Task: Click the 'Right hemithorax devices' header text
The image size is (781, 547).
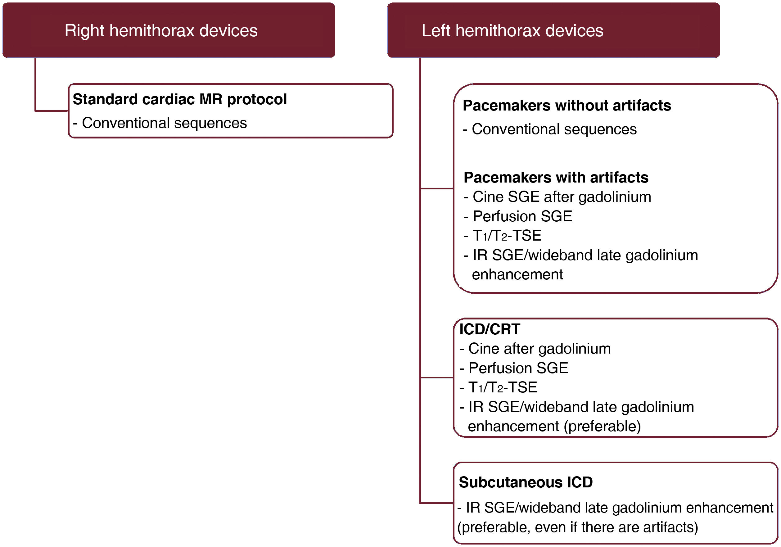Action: coord(161,31)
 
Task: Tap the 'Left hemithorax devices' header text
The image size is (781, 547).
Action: coord(512,31)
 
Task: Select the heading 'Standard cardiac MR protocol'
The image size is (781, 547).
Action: coord(180,99)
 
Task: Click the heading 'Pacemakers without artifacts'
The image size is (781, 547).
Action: coord(567,106)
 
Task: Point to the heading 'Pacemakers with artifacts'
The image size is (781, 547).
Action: coord(556,178)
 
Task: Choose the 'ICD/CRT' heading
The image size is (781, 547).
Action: coord(490,329)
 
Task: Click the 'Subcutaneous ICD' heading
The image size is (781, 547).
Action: coord(526,482)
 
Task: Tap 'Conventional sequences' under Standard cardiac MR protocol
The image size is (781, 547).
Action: coord(164,123)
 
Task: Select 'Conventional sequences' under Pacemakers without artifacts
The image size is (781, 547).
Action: coord(554,129)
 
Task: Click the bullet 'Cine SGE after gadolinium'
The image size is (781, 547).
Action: coord(562,197)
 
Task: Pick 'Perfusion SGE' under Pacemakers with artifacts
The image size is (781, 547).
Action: coord(522,216)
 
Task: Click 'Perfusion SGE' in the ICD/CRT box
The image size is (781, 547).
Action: coord(518,368)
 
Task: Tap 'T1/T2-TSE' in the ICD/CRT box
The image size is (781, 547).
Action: coord(503,387)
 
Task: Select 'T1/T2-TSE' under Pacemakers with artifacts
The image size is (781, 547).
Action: coord(507,236)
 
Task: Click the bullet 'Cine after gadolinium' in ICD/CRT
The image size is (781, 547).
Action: coord(539,349)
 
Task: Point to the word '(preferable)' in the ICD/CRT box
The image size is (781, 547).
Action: coord(602,426)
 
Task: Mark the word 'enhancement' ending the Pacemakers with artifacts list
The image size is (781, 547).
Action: coord(517,274)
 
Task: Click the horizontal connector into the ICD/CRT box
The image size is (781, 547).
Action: coord(437,377)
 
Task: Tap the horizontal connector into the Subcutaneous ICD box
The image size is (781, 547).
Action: coord(437,503)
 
